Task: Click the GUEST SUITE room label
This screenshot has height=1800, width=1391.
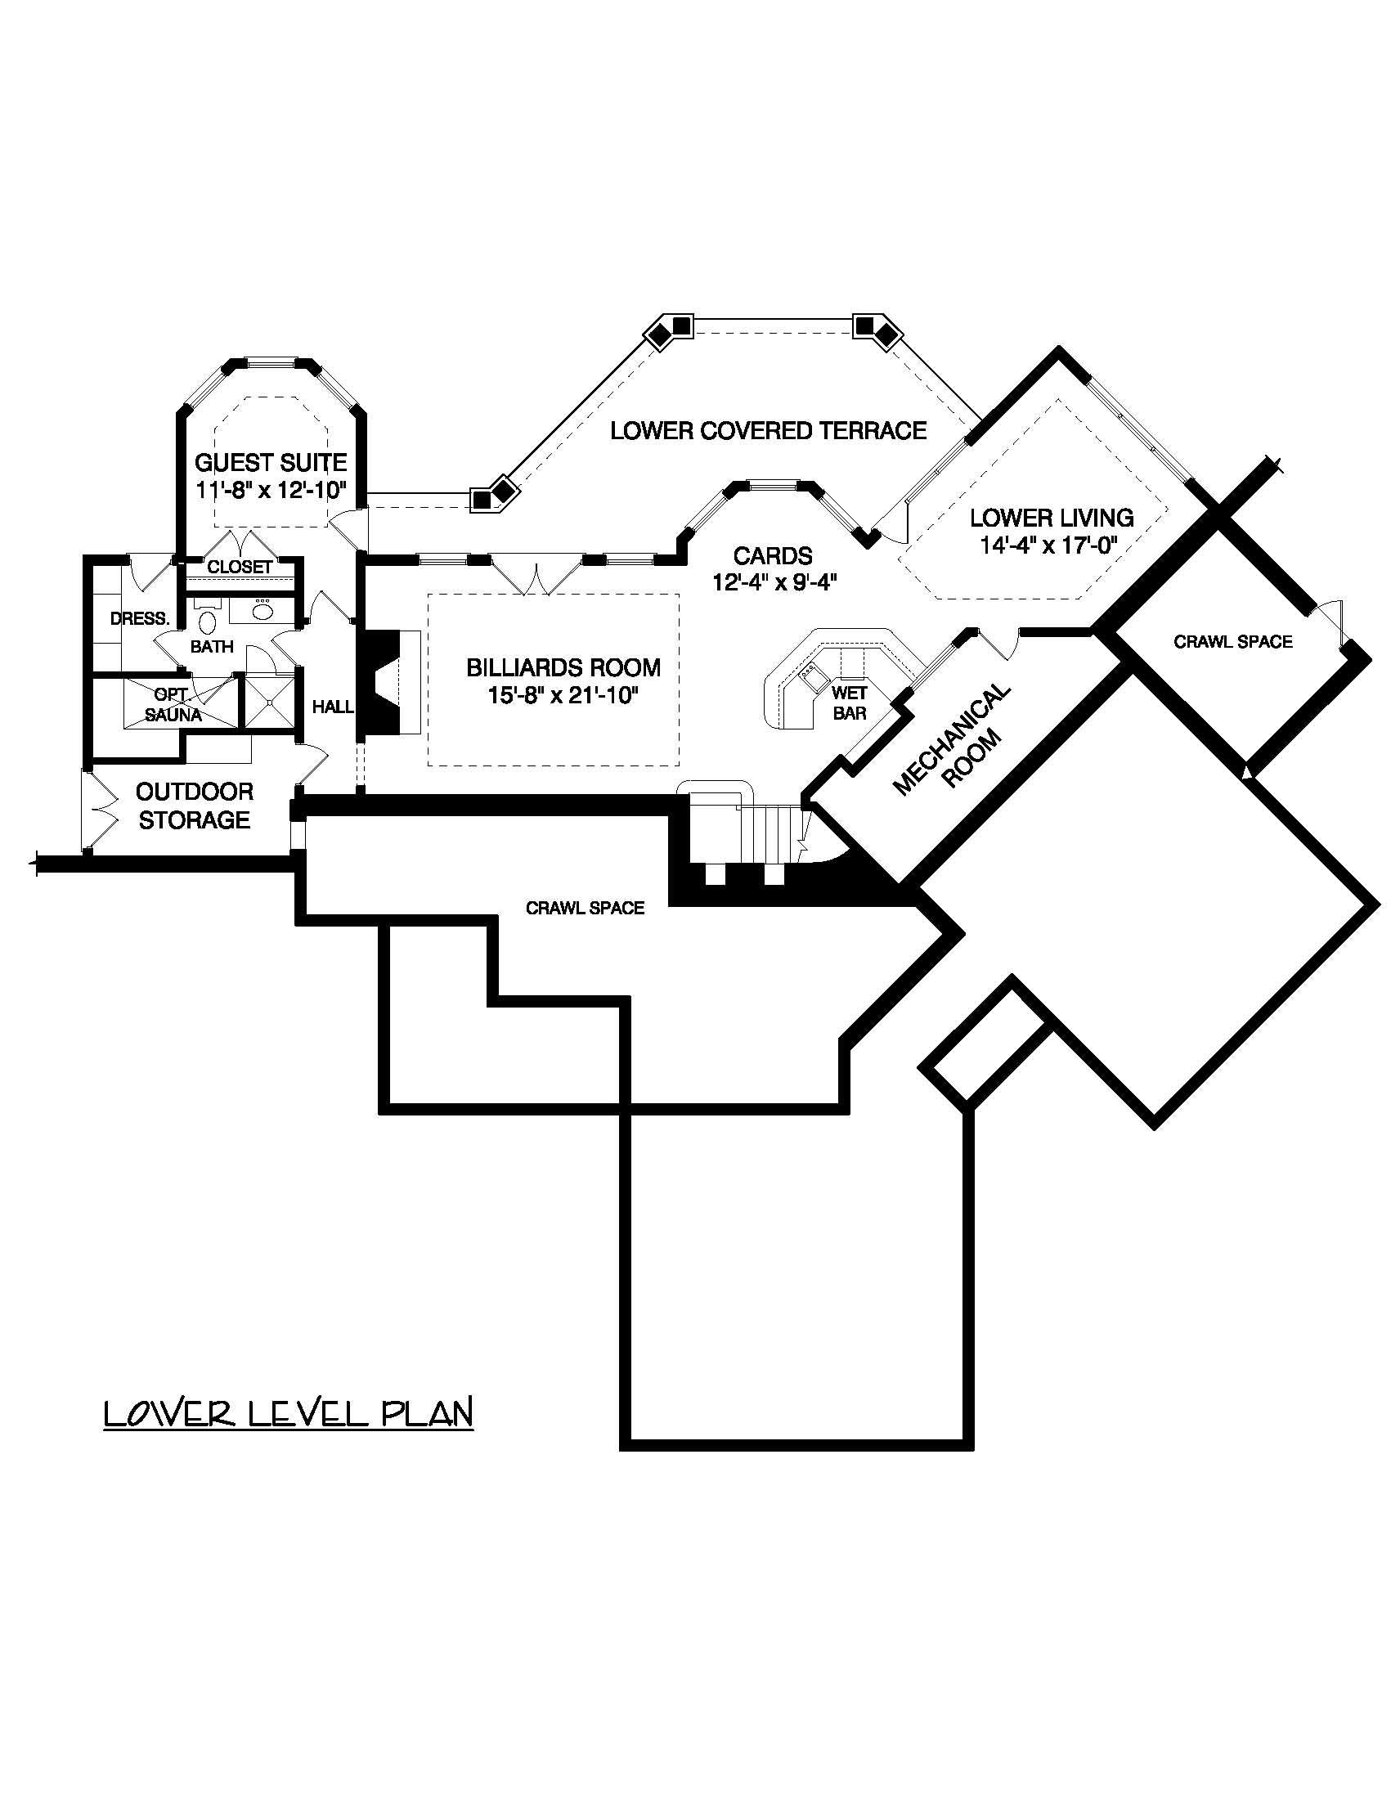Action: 271,461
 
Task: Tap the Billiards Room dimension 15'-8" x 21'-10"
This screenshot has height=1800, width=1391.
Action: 563,696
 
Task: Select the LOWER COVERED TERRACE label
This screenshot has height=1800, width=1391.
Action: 768,430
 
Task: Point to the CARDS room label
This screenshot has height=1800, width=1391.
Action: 773,556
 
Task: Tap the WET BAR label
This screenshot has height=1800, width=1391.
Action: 849,702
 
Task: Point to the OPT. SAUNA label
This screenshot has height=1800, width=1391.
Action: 173,705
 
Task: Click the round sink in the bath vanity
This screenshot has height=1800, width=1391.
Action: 262,611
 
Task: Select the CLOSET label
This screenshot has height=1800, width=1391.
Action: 239,567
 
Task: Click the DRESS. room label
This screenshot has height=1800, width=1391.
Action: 140,618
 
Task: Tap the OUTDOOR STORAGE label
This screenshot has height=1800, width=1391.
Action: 195,806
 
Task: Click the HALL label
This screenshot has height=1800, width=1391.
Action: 333,707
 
